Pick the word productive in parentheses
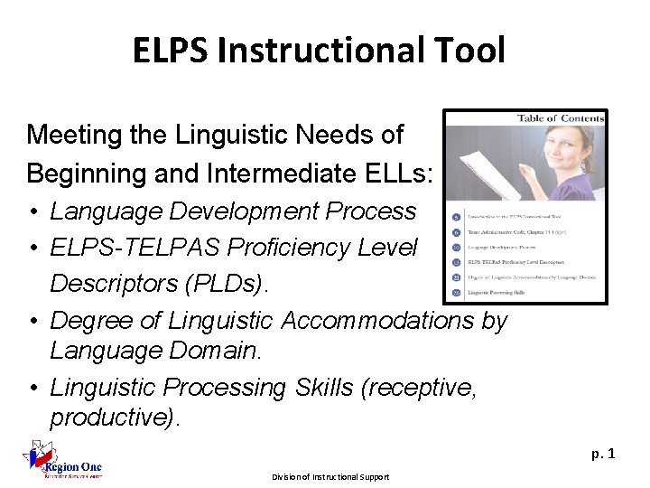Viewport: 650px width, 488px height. (x=115, y=418)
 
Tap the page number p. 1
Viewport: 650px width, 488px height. (x=602, y=453)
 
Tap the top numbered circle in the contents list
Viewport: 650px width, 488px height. (x=457, y=218)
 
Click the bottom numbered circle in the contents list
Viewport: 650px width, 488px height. (x=457, y=292)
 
